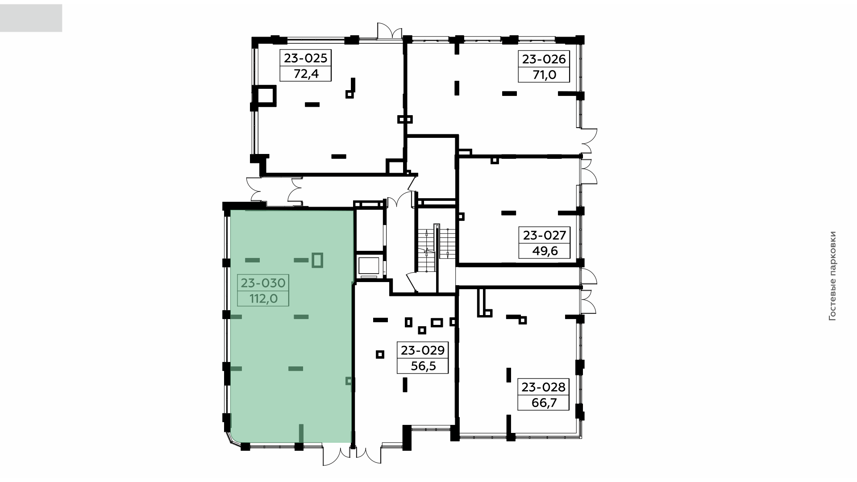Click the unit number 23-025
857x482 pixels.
coord(306,58)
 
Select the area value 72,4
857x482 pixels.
coord(306,74)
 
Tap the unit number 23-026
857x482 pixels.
coord(544,59)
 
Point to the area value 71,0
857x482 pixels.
coord(544,75)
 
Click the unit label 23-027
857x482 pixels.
coord(544,235)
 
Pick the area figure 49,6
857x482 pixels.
coord(545,251)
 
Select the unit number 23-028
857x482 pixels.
coord(544,387)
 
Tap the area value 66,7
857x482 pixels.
coord(544,403)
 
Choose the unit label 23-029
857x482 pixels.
coord(423,350)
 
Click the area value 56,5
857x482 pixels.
coord(423,366)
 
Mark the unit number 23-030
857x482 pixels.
coord(263,283)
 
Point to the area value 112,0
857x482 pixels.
coord(263,299)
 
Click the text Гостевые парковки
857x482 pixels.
coord(832,276)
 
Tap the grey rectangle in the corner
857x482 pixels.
coord(31,18)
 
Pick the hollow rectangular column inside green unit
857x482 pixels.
coord(317,260)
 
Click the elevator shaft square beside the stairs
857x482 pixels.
coord(369,266)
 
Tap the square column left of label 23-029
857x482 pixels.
coord(380,354)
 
